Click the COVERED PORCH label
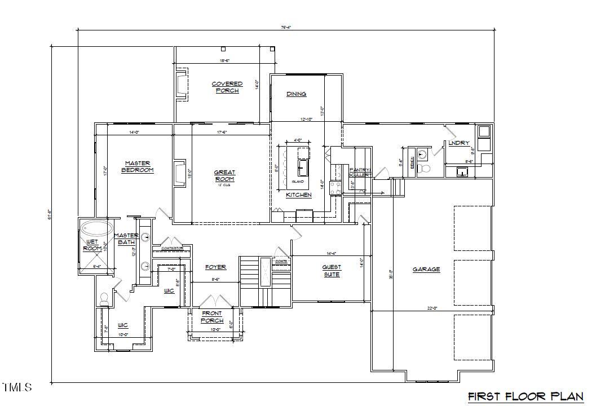coord(227,87)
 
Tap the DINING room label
coord(296,94)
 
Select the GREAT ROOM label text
coord(224,175)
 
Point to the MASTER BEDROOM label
coord(138,166)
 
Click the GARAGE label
coord(426,270)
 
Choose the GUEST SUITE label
coord(331,271)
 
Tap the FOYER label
coord(215,267)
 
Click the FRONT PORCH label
coord(212,317)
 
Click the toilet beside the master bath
coord(104,299)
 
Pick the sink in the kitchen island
coord(303,167)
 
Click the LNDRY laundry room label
coord(458,143)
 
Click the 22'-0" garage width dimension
coord(431,307)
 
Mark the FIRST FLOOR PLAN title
coord(525,396)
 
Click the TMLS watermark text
coord(17,387)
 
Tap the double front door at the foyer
coord(211,301)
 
